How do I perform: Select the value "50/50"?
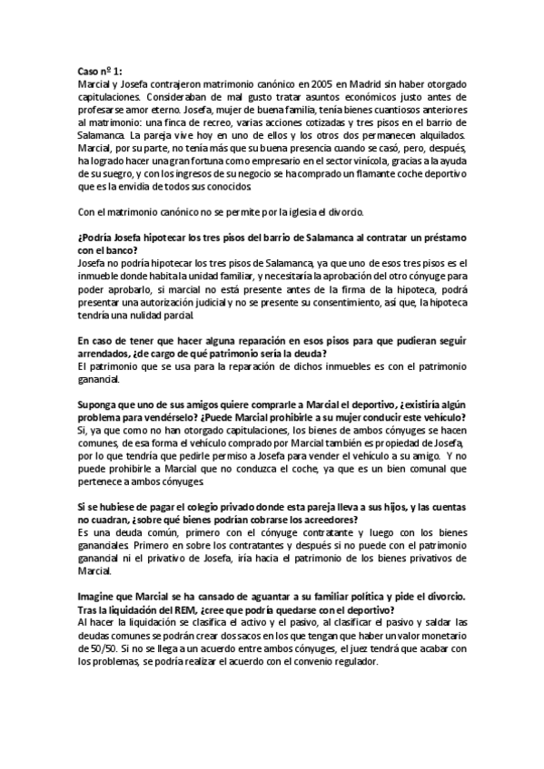pyautogui.click(x=95, y=650)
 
